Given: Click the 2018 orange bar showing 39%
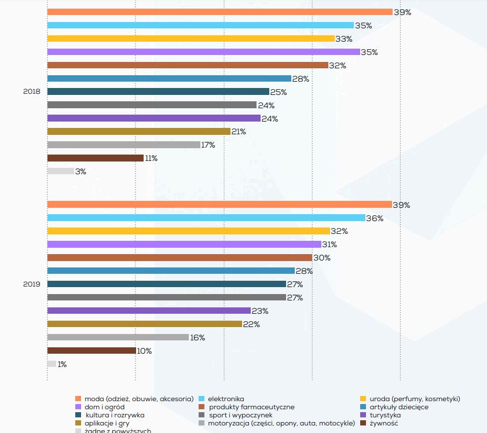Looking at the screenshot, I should (219, 12).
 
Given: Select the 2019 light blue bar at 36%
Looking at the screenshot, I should (206, 218).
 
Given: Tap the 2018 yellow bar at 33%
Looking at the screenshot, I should (191, 39).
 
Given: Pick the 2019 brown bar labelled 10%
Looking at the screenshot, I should (91, 351).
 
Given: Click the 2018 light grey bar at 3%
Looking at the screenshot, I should (60, 171).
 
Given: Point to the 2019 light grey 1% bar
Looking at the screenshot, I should (52, 364).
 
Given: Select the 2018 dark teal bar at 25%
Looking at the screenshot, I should (158, 92).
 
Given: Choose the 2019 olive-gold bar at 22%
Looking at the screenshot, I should (144, 324).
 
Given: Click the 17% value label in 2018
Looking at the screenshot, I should (208, 145).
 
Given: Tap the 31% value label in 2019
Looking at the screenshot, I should (329, 245).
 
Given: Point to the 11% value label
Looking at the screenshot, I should (151, 159).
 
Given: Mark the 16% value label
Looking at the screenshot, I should (197, 337).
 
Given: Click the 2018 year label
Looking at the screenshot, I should (31, 92).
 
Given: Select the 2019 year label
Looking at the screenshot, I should (31, 284).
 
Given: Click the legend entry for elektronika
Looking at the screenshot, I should (226, 399).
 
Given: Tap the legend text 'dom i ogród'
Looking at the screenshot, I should (104, 407).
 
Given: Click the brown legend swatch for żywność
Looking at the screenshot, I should (362, 423).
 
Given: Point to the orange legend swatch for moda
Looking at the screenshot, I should (78, 399).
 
